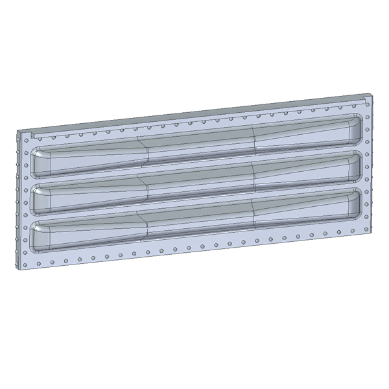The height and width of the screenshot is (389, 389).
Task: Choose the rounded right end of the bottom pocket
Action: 355,201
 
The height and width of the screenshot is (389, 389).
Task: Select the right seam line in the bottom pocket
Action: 252,211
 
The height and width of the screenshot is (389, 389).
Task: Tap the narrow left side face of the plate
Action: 16,201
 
